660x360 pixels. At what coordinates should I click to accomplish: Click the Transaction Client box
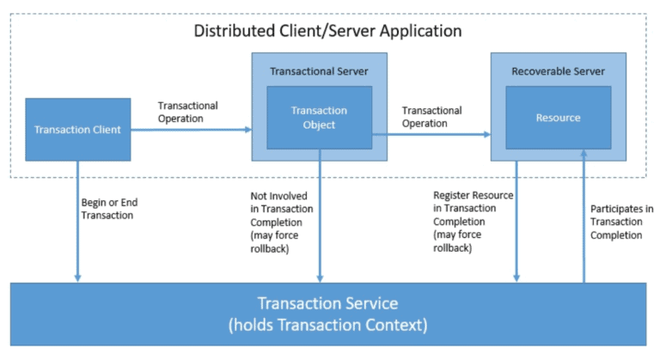(x=78, y=130)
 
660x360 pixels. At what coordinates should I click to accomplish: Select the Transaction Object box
(x=319, y=117)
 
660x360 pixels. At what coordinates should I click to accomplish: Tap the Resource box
(x=558, y=118)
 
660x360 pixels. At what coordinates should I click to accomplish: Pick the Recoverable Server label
(x=558, y=70)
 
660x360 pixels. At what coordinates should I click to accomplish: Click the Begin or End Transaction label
(x=108, y=209)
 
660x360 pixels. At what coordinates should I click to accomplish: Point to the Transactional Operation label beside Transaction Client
(x=187, y=112)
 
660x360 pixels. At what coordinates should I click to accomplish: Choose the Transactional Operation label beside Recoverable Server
(x=431, y=117)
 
